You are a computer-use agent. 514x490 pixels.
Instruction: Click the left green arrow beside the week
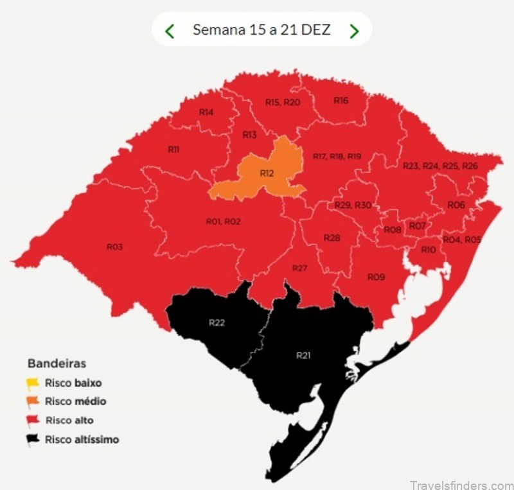click(x=170, y=30)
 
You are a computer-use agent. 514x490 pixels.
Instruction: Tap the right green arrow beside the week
click(x=354, y=30)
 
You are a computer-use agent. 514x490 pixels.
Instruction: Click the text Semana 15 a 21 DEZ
click(x=261, y=30)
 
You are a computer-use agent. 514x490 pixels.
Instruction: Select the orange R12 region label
click(x=267, y=173)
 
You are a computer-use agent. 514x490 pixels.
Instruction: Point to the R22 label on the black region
click(x=217, y=322)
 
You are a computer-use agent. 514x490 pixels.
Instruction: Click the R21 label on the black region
click(x=303, y=354)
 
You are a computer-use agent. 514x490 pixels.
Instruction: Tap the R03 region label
click(x=114, y=246)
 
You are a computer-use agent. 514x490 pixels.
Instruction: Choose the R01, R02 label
click(x=223, y=221)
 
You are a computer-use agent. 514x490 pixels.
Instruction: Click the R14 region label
click(x=206, y=112)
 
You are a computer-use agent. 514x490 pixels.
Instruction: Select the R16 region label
click(x=341, y=100)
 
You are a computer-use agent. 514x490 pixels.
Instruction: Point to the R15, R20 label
click(x=283, y=102)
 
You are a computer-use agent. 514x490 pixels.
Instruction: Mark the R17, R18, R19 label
click(x=337, y=156)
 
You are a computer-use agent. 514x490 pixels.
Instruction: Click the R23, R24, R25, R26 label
click(x=440, y=166)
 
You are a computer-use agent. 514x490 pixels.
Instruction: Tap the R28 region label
click(x=332, y=238)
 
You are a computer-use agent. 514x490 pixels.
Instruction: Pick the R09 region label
click(x=376, y=277)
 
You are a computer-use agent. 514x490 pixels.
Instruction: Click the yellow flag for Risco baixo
click(x=33, y=383)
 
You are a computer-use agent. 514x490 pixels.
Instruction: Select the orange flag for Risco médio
click(x=33, y=402)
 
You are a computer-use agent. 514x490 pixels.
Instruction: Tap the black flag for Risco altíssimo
click(x=33, y=440)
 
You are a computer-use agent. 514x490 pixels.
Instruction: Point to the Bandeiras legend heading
click(x=57, y=363)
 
